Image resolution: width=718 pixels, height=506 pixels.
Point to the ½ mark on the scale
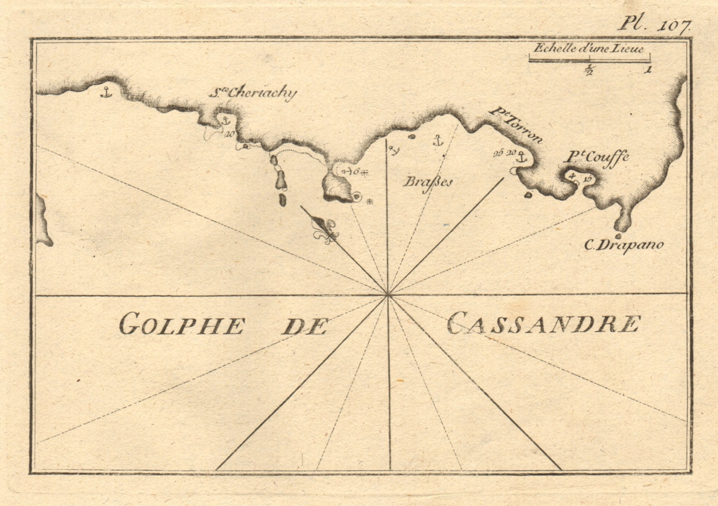click(x=588, y=70)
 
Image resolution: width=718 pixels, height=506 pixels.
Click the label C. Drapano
click(x=623, y=245)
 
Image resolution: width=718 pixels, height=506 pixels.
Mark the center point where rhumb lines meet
click(x=388, y=295)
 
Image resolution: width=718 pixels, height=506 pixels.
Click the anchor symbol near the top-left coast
click(x=105, y=92)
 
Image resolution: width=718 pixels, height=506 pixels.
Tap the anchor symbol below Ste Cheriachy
click(x=225, y=120)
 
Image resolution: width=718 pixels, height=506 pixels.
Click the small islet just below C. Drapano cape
click(x=618, y=236)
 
